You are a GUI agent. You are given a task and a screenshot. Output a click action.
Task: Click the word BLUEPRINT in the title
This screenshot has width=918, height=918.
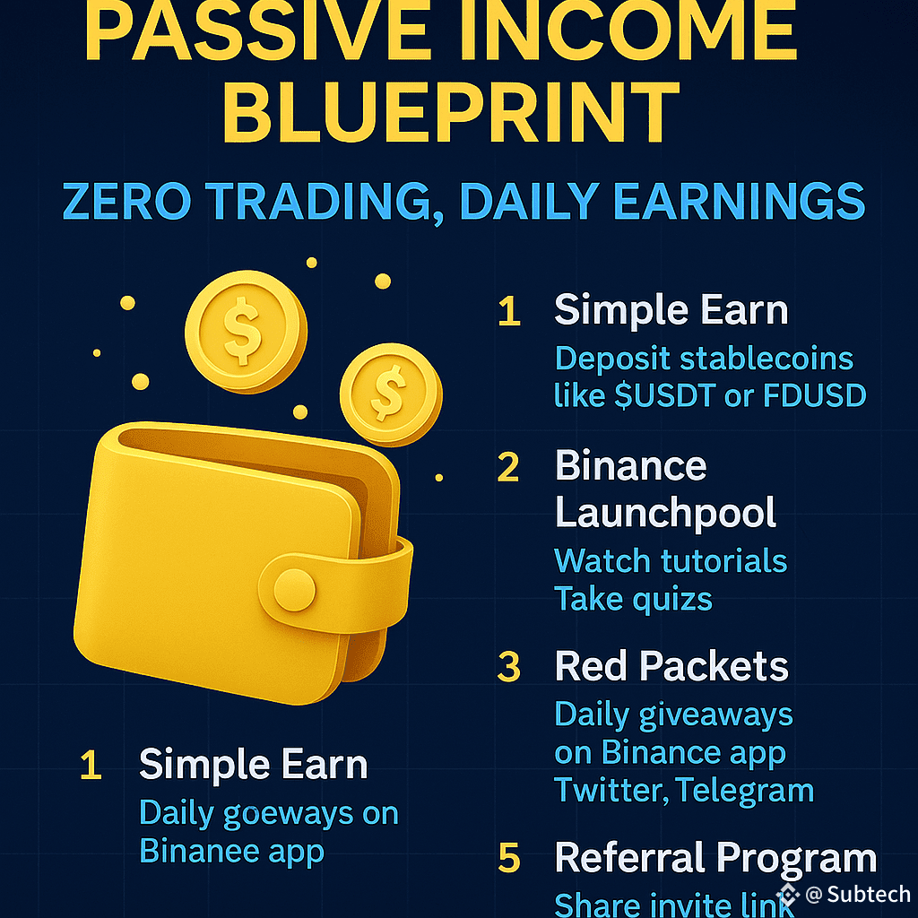[x=451, y=112]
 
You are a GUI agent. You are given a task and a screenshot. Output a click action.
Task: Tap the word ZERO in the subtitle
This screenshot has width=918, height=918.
[x=127, y=202]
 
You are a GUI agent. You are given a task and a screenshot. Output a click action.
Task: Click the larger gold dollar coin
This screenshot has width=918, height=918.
[x=246, y=332]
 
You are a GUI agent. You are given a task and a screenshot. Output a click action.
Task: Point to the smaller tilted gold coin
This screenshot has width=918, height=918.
[x=391, y=394]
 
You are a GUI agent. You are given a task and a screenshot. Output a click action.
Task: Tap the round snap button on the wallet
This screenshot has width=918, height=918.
[x=294, y=590]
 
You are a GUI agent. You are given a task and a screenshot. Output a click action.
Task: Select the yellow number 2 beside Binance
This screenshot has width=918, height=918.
[x=508, y=467]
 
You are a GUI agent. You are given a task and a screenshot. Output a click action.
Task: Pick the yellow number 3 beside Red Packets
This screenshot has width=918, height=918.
[x=509, y=667]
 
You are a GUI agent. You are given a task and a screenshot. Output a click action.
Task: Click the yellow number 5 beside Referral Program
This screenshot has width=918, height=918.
[x=509, y=858]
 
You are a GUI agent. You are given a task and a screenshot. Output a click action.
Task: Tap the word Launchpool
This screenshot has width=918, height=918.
[x=665, y=514]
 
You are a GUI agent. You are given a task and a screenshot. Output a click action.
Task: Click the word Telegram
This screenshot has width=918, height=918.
[x=745, y=791]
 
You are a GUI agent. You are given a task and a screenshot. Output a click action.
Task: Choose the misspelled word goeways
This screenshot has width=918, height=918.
[x=288, y=814]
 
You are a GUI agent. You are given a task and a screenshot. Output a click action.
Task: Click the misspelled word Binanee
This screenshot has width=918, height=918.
[x=200, y=851]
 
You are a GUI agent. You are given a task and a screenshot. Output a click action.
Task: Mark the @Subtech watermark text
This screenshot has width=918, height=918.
[x=858, y=894]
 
